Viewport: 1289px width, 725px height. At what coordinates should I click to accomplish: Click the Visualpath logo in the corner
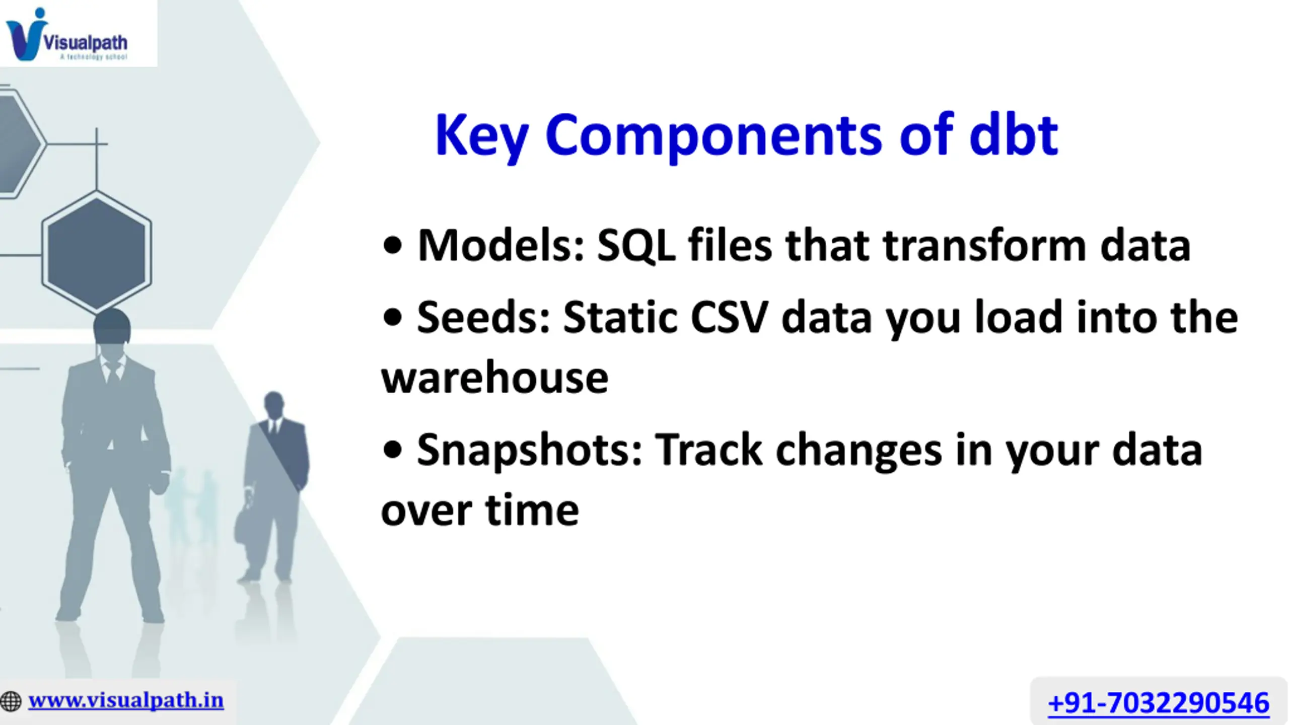click(67, 35)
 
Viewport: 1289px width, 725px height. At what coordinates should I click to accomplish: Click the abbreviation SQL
click(636, 246)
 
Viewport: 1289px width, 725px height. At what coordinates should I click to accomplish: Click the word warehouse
click(495, 378)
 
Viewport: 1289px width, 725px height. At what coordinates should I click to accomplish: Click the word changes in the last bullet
click(858, 452)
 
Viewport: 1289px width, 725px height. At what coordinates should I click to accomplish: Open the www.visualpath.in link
click(126, 700)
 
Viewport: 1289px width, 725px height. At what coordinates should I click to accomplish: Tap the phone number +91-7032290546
click(1159, 703)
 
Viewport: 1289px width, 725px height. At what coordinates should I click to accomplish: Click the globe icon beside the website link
click(11, 701)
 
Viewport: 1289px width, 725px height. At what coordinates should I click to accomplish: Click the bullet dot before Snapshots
click(392, 450)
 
